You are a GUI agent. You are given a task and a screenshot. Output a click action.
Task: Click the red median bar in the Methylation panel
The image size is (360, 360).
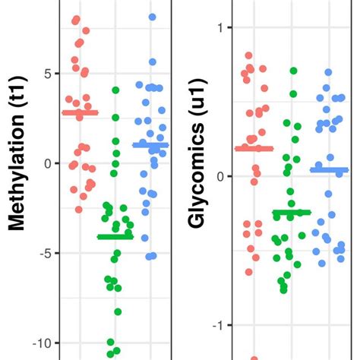pyautogui.click(x=81, y=113)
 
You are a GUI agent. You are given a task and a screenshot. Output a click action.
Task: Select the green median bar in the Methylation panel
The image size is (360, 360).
pyautogui.click(x=115, y=237)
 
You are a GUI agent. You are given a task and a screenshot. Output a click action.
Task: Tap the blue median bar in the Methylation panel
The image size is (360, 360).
pyautogui.click(x=150, y=144)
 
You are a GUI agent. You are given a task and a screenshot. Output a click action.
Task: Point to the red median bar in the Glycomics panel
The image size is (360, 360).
pyautogui.click(x=254, y=148)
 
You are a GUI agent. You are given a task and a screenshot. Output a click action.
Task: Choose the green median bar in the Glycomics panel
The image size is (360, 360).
pyautogui.click(x=292, y=212)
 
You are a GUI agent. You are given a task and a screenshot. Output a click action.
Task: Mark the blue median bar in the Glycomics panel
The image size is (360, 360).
pyautogui.click(x=329, y=170)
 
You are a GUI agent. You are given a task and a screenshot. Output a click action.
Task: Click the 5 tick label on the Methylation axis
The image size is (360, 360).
pyautogui.click(x=46, y=74)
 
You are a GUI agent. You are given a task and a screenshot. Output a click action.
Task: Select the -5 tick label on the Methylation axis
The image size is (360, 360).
pyautogui.click(x=44, y=253)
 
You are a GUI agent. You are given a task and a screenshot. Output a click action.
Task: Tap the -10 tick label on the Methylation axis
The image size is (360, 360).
pyautogui.click(x=41, y=343)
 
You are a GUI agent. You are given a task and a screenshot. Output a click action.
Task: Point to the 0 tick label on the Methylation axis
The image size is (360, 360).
pyautogui.click(x=46, y=163)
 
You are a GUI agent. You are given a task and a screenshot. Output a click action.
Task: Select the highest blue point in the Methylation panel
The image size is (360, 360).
pyautogui.click(x=153, y=17)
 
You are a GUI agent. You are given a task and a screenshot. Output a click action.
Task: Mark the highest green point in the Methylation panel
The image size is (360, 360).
pyautogui.click(x=115, y=90)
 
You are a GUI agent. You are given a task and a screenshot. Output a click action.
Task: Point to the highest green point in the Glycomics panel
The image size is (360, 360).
pyautogui.click(x=293, y=71)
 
